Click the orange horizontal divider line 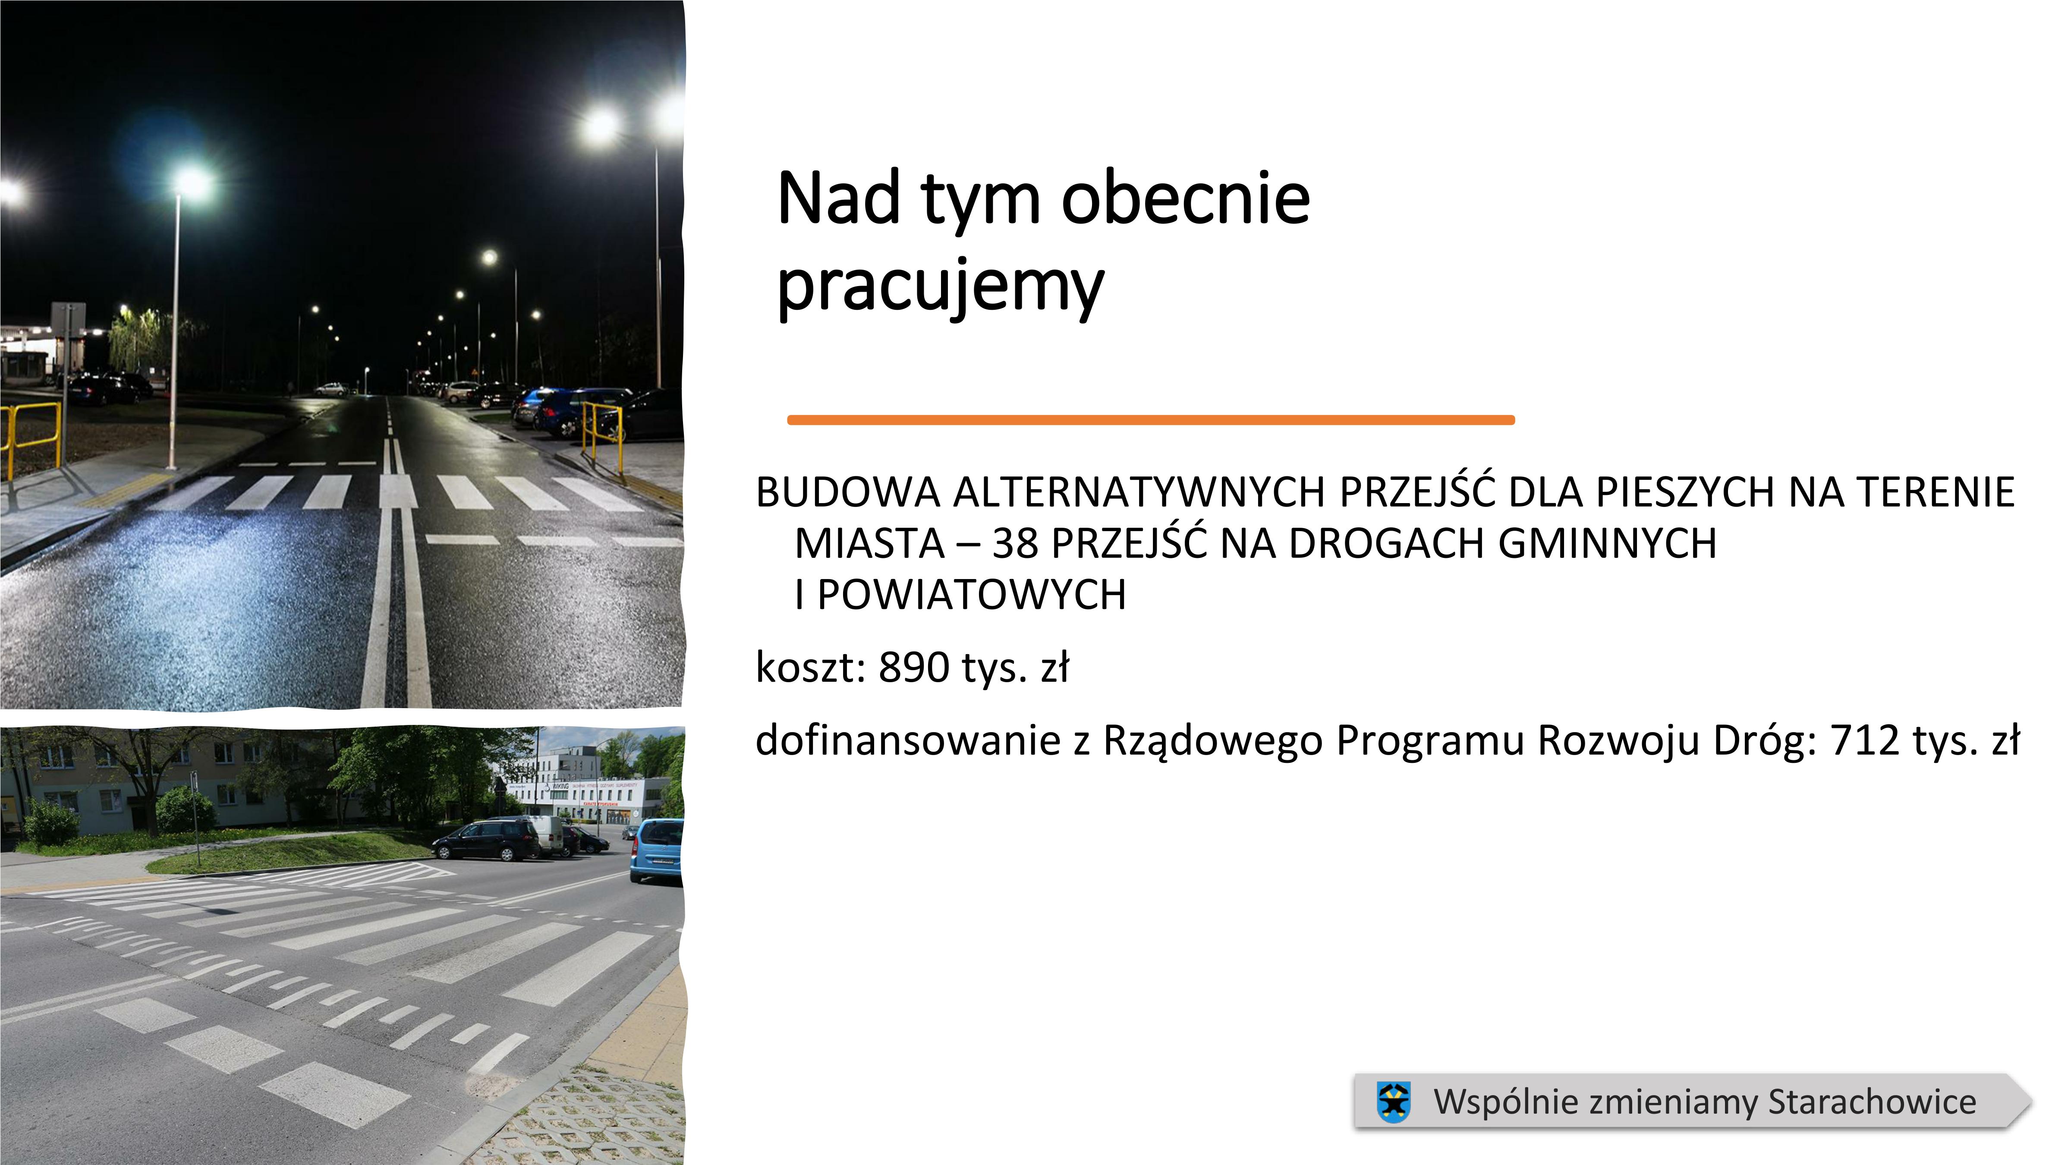click(x=1150, y=420)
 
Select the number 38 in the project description click(x=1015, y=544)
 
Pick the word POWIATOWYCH click(x=972, y=595)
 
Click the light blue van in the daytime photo click(x=657, y=850)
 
